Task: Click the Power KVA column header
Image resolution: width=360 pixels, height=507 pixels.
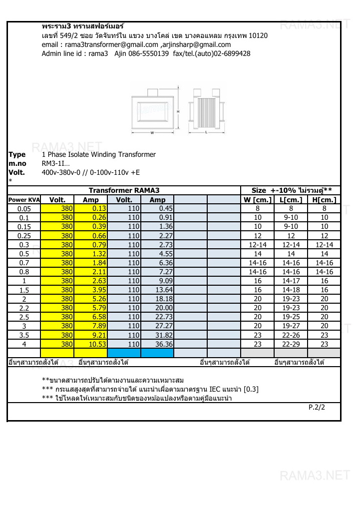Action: click(x=24, y=200)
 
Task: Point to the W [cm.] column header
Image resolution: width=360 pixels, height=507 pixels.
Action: click(x=257, y=200)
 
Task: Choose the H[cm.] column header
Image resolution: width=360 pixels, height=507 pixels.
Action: click(x=324, y=200)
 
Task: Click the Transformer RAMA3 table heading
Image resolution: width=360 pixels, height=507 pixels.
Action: click(x=124, y=190)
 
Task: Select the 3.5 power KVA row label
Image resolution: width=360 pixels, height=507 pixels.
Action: click(x=24, y=335)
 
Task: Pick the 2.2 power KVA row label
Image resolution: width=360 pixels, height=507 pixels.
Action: click(x=24, y=308)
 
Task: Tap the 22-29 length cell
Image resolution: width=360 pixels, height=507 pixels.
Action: click(x=291, y=344)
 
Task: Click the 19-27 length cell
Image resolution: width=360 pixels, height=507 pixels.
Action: click(x=291, y=326)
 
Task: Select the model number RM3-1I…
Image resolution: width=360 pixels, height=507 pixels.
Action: click(x=56, y=163)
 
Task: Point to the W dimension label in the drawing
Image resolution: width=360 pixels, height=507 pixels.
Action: click(x=152, y=132)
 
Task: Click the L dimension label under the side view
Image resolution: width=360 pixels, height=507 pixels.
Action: click(x=206, y=132)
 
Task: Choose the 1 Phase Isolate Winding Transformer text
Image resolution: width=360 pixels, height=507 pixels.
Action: click(x=99, y=154)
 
